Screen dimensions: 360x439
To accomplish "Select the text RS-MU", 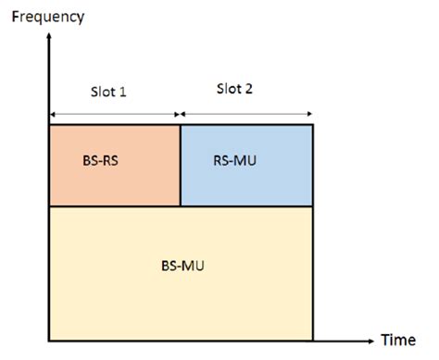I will [233, 158].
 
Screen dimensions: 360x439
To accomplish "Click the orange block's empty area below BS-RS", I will [113, 188].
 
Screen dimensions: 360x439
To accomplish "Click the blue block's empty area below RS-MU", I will [245, 188].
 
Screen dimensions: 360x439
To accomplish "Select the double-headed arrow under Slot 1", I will [114, 115].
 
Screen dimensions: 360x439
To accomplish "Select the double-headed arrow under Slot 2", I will [246, 115].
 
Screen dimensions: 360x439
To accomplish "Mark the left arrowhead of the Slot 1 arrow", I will [52, 115].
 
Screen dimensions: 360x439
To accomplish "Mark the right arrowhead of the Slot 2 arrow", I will [309, 115].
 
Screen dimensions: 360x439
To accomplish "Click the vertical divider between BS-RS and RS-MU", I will [180, 165].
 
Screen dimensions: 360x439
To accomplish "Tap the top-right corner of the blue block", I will [313, 124].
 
